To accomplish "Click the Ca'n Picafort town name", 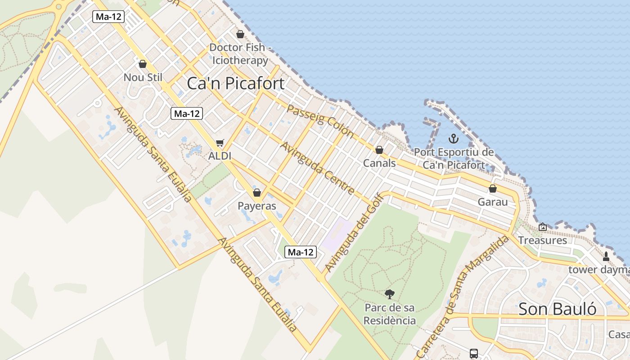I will click(235, 83).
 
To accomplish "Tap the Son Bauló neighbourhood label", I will click(558, 309).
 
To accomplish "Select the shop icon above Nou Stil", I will click(143, 64).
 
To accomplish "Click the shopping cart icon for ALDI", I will click(220, 143).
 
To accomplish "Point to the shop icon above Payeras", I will click(257, 193).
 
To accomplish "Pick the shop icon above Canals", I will click(379, 150).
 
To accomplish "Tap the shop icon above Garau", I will click(493, 189).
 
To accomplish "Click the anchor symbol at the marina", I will click(454, 139).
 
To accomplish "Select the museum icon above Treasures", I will click(542, 227).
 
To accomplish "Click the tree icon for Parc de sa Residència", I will click(390, 294).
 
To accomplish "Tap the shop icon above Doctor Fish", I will click(240, 34).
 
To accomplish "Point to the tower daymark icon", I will click(606, 256).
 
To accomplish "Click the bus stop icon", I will click(474, 354).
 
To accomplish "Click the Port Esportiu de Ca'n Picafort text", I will click(454, 158).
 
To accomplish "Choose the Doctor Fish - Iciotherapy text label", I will click(240, 54).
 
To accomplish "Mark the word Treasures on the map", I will click(542, 240).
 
